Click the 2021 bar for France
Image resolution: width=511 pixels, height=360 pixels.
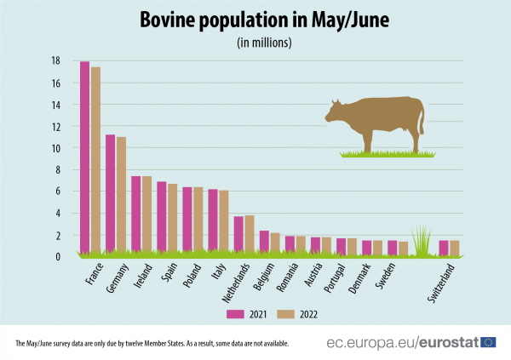pos(84,157)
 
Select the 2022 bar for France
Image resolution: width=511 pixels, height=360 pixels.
pos(95,160)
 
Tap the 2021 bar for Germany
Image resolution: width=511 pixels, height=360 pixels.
pos(110,194)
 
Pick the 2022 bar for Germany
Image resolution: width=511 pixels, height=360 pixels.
pos(121,195)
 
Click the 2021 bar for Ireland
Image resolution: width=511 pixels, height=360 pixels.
pos(135,214)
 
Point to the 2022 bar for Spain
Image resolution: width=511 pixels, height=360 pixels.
pos(172,219)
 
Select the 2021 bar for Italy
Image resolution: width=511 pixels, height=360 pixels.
pos(213,221)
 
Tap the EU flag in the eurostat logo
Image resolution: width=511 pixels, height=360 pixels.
pos(488,342)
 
